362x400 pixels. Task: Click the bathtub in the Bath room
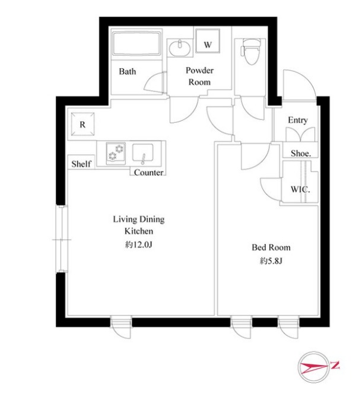pos(136,44)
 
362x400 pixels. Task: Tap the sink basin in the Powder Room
pos(180,47)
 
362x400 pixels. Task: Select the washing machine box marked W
pos(208,41)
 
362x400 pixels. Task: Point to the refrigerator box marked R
pos(82,124)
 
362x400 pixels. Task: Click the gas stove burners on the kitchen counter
pos(116,153)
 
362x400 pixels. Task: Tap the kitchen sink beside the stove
pos(143,154)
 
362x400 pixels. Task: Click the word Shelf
pos(81,164)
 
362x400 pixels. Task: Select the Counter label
pos(148,173)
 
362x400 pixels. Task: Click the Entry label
pos(298,120)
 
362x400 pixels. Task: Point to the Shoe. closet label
pos(301,153)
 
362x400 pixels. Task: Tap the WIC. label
pos(300,189)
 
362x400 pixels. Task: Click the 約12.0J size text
pos(138,245)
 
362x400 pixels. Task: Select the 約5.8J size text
pos(271,261)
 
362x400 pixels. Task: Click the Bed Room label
pos(271,247)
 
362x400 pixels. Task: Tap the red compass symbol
pos(314,367)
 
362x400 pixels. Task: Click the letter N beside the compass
pos(335,365)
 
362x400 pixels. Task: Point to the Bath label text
pos(128,71)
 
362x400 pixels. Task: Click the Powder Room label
pos(199,76)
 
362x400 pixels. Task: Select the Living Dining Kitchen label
pos(139,225)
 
